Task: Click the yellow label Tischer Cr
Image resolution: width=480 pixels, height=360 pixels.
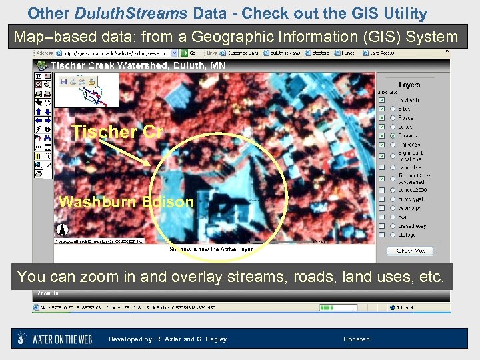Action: click(x=117, y=132)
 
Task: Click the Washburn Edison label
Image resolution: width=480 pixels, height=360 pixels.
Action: click(x=126, y=202)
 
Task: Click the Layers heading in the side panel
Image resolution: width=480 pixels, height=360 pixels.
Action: click(x=409, y=85)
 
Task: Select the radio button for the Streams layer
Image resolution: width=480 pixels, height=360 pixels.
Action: click(x=393, y=135)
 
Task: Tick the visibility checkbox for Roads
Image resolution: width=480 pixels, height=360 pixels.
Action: click(x=382, y=117)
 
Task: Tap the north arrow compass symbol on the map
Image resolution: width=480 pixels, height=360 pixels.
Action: click(x=61, y=231)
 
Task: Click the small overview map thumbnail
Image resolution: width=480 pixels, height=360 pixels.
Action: click(x=87, y=90)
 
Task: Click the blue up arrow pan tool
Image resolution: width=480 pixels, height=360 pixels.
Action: click(x=39, y=111)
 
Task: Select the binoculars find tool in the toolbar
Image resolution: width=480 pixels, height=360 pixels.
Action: click(x=48, y=137)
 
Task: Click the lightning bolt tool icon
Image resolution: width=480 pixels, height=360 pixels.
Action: click(x=39, y=129)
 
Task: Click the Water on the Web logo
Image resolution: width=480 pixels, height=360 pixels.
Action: click(x=59, y=339)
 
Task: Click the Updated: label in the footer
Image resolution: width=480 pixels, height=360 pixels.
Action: click(x=357, y=339)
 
